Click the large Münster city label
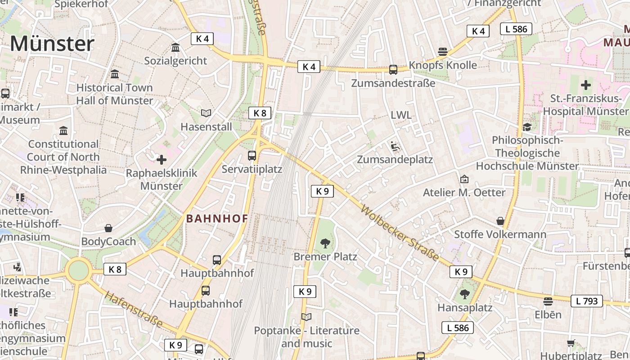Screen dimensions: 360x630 coord(52,44)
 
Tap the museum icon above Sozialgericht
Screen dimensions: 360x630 coord(175,47)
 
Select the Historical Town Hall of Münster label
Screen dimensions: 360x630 coord(115,94)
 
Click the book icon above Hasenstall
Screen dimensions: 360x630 coord(206,113)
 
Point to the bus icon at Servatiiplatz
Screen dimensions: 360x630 coord(252,156)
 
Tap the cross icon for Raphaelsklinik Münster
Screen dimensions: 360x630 coord(161,159)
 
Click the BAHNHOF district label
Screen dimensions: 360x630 coord(217,219)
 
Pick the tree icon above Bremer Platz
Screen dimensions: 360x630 coord(325,243)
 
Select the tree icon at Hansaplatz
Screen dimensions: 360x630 coord(464,294)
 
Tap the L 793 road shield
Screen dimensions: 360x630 coord(587,301)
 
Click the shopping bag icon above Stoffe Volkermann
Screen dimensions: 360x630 coord(500,221)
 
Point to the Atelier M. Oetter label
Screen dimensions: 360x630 coord(464,192)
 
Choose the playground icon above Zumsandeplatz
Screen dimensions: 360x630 coord(395,146)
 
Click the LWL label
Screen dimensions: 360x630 coord(401,115)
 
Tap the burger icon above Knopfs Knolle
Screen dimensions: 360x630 coord(443,51)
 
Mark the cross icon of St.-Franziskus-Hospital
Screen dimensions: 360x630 coord(585,85)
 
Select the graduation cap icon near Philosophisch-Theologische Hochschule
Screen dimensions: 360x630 coord(527,127)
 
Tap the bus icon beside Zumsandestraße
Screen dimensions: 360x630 coord(393,70)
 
